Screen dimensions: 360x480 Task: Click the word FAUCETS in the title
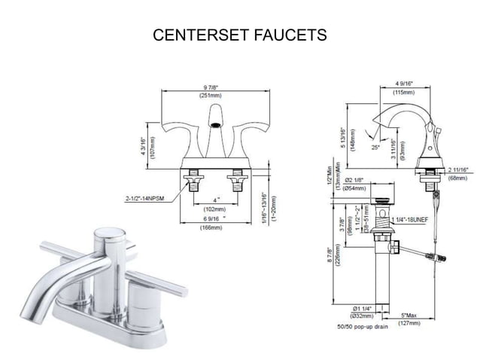coord(291,35)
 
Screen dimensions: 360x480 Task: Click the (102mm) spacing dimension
coord(215,209)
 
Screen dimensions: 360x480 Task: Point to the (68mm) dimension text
coord(457,178)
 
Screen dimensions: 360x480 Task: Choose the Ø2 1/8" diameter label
coord(355,179)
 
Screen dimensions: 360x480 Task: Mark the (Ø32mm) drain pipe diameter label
coord(359,316)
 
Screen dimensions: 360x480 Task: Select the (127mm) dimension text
coord(409,323)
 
